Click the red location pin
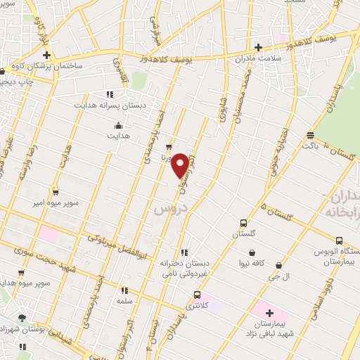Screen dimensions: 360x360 (181, 165)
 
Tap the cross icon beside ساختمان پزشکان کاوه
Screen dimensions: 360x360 (46, 55)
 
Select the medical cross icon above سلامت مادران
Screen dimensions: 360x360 (258, 48)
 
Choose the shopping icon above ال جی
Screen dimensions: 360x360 (279, 266)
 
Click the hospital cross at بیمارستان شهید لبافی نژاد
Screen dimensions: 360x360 (269, 312)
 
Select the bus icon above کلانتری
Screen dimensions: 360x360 (197, 295)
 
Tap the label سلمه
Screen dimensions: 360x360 (125, 300)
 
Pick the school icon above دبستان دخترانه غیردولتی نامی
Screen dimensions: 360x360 (184, 252)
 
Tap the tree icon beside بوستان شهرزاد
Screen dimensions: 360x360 (22, 318)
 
